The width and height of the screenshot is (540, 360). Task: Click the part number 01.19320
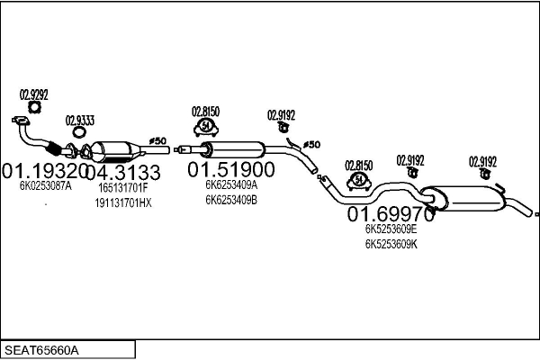pos(45,170)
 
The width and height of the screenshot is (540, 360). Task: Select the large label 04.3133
pos(123,172)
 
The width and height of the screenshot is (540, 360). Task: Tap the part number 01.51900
pos(231,169)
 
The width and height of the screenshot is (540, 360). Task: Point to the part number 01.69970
pos(391,214)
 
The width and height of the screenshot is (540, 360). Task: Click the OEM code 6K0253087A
pos(46,186)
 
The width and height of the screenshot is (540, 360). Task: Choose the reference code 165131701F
pos(123,188)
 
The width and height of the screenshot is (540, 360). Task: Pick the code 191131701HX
pos(123,202)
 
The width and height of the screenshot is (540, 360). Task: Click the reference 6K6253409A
pos(231,185)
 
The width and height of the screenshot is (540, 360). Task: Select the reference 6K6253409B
pos(231,200)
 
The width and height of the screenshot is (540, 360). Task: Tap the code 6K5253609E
pos(391,229)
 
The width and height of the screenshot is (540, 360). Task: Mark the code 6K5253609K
pos(391,244)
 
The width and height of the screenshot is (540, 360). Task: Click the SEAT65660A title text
pos(41,350)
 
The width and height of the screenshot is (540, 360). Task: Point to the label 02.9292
pos(34,94)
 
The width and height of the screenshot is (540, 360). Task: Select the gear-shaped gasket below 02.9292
pos(34,107)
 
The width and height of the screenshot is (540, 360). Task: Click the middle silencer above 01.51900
pos(233,150)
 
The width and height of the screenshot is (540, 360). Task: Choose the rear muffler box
pos(463,199)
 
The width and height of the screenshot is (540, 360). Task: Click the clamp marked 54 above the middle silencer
pos(205,127)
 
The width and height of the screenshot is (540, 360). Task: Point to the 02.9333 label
pos(80,121)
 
